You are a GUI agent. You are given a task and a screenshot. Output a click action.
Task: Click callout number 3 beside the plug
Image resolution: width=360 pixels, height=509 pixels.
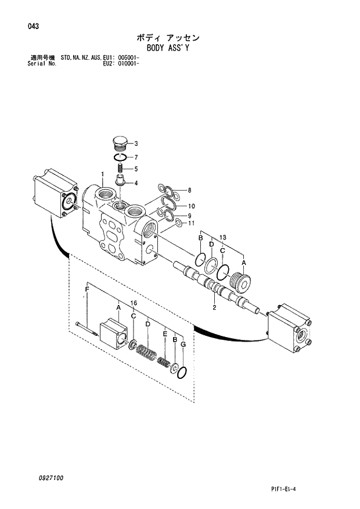coord(135,144)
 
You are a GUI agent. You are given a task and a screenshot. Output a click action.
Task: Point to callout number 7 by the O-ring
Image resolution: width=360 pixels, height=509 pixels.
coord(135,157)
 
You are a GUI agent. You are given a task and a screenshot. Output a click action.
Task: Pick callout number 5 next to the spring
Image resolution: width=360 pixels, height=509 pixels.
coord(135,169)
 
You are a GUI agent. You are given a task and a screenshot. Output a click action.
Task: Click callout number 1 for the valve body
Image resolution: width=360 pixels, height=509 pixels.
coord(102,174)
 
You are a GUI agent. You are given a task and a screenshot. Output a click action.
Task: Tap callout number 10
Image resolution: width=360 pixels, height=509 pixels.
coord(191,206)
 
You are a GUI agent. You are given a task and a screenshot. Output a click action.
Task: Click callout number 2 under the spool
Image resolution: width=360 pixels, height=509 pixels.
coord(214,308)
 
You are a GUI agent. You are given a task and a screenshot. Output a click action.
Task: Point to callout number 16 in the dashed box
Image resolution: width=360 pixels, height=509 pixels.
coord(134,303)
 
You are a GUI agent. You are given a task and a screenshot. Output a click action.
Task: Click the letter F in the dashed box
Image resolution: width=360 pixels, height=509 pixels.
coord(87,289)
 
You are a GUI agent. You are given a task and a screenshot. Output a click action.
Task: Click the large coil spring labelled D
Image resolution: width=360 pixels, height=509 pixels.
coord(147,352)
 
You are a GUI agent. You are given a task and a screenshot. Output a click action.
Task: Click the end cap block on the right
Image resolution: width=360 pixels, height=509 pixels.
coord(289,329)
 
